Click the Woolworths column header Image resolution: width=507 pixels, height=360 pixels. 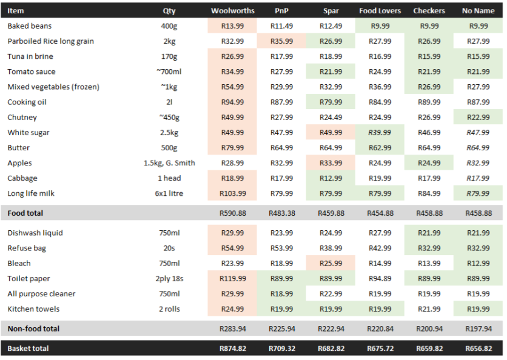233,11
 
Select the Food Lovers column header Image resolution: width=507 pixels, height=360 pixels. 380,11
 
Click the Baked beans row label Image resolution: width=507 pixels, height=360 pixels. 30,26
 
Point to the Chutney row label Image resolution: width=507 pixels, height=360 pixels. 22,118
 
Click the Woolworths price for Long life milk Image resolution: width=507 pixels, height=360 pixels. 233,193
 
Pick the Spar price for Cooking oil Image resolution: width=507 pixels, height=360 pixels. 331,102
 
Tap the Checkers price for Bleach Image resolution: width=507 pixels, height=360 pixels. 429,264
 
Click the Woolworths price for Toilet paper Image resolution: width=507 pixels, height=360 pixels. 233,279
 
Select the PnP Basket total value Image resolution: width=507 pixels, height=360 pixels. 281,348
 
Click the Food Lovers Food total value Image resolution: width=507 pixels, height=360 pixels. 380,213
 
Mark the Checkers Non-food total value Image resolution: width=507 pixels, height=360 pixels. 429,328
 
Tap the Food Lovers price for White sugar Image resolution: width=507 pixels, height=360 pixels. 380,133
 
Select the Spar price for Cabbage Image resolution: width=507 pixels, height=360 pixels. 331,178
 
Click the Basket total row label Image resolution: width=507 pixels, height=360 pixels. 29,348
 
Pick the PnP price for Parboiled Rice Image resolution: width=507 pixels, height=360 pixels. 281,41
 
